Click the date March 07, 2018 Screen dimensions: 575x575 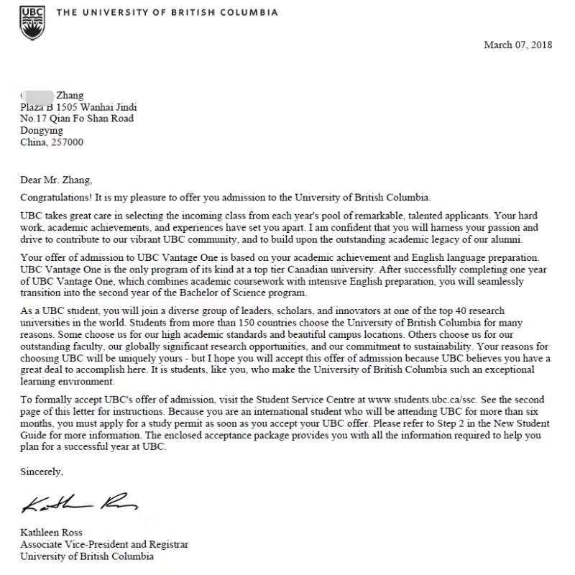click(x=517, y=45)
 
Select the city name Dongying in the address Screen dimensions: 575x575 click(x=42, y=130)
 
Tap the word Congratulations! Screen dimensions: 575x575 click(x=58, y=197)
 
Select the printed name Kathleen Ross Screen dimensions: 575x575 click(x=52, y=533)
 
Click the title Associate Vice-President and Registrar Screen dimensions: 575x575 click(x=104, y=544)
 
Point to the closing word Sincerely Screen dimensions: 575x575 click(x=42, y=472)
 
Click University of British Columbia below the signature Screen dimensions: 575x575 click(x=86, y=556)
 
